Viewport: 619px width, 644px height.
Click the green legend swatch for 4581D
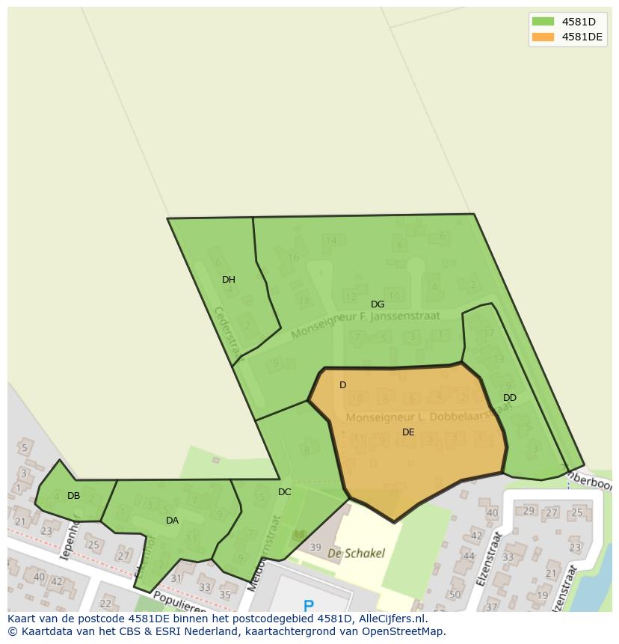click(543, 22)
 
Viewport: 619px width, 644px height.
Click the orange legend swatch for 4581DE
click(543, 37)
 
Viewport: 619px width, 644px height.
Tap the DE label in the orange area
click(408, 432)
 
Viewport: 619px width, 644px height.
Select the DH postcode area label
click(229, 280)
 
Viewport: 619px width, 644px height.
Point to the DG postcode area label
click(378, 304)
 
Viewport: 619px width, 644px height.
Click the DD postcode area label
click(510, 398)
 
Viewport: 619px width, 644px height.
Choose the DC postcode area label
click(285, 492)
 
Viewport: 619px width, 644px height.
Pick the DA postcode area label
click(173, 521)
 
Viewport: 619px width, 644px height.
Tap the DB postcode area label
click(73, 496)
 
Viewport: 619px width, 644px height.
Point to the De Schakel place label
click(357, 553)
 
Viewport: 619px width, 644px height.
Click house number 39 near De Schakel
click(315, 548)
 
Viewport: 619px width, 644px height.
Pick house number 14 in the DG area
click(331, 240)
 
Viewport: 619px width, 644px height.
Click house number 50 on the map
click(455, 595)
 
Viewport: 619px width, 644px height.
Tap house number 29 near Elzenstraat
click(529, 511)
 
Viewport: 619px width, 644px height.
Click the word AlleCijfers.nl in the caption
click(389, 619)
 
